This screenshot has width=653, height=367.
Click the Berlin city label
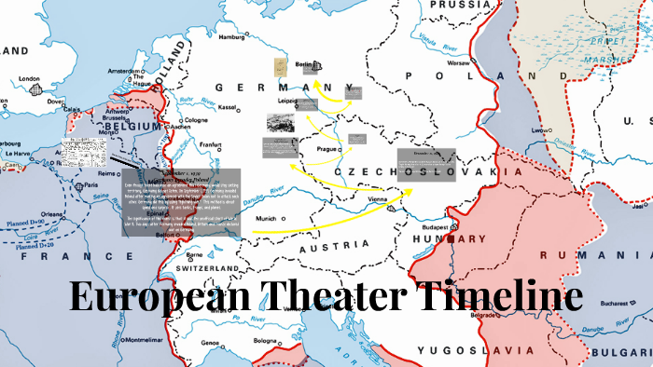click(x=302, y=65)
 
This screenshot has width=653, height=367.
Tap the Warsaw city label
click(x=457, y=63)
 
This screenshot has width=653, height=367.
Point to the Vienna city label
click(x=377, y=199)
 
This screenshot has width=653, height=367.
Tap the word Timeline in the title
click(x=499, y=296)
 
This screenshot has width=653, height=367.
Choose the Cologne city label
click(x=198, y=120)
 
